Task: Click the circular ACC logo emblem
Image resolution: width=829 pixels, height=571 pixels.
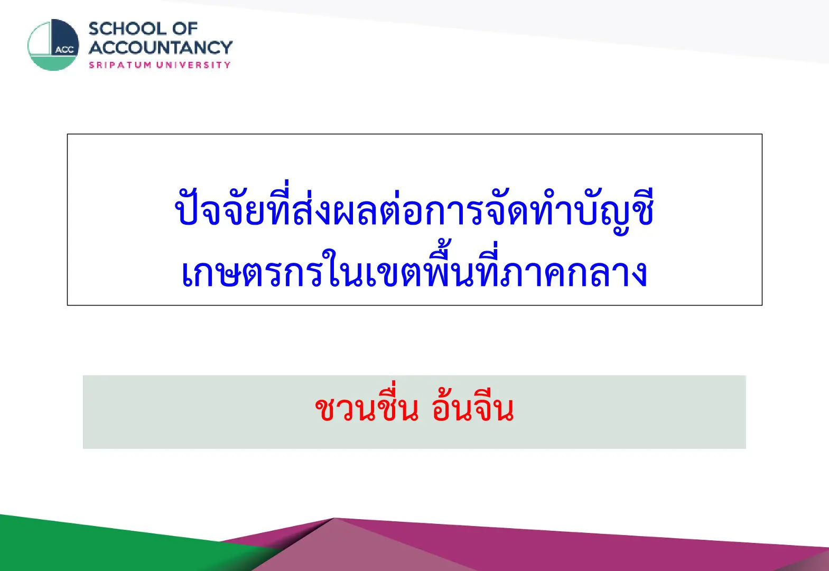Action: click(53, 45)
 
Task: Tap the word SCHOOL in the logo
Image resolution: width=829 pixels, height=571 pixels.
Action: click(128, 29)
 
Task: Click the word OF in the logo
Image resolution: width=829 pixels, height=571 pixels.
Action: click(185, 29)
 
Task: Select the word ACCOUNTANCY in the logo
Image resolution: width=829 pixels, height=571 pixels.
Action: click(161, 48)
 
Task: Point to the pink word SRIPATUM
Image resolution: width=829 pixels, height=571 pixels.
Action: click(120, 65)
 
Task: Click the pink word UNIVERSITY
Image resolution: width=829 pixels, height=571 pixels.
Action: click(193, 65)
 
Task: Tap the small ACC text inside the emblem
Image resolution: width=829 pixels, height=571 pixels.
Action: click(64, 50)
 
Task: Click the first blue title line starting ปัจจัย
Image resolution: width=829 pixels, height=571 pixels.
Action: click(414, 207)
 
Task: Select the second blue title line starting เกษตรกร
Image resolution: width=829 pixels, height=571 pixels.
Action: click(414, 269)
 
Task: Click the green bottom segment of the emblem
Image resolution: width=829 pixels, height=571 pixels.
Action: click(53, 63)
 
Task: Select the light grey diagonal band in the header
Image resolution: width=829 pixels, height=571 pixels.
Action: click(592, 22)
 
